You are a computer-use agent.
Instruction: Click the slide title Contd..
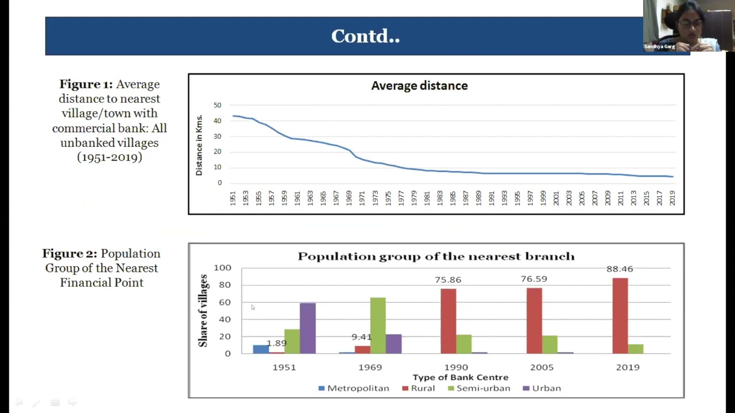365,36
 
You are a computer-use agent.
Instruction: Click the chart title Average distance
419,86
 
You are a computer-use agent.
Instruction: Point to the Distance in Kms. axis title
199,145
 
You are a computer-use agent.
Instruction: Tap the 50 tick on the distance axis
217,106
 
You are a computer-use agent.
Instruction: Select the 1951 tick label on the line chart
233,198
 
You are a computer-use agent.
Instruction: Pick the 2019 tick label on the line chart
672,198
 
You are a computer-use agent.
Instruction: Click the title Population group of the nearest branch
436,256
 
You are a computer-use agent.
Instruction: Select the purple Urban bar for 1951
307,328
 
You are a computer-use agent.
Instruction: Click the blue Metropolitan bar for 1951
261,349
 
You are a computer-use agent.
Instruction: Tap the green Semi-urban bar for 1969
378,325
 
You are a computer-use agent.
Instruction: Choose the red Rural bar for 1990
448,321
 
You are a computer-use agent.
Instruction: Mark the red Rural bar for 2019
620,315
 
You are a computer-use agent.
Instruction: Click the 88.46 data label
620,269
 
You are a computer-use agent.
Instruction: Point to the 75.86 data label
448,280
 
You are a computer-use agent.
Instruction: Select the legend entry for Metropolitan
354,388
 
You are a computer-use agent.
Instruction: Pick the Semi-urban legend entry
479,388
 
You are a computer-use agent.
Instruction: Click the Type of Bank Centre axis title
461,377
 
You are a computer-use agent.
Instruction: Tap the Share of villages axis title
203,310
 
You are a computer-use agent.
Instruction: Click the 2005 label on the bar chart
541,367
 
